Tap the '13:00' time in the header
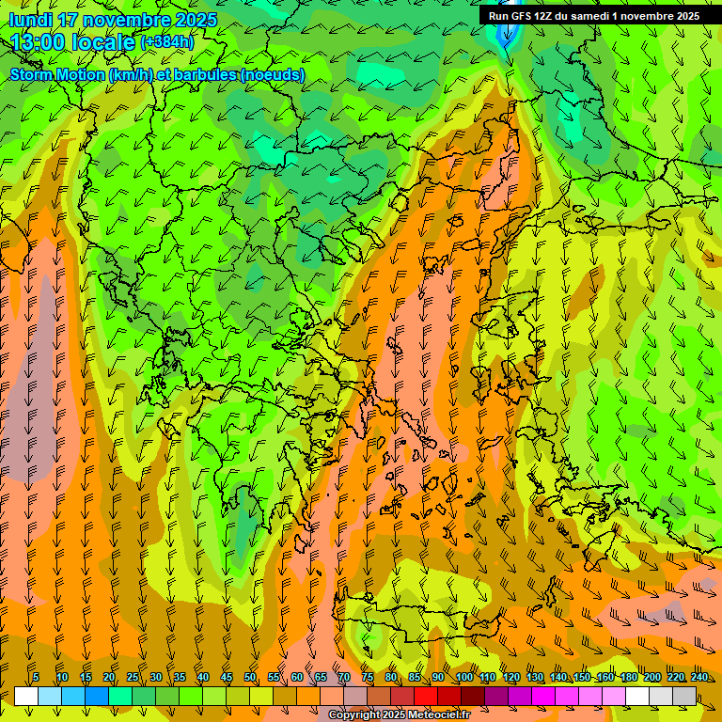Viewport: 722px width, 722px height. coord(39,42)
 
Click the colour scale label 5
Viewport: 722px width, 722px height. coord(36,678)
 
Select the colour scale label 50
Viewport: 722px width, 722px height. coord(250,678)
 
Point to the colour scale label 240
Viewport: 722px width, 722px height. coord(699,678)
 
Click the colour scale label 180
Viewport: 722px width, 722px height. coord(628,678)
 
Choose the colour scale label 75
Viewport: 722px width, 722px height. coord(368,678)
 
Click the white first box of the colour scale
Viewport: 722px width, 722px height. coord(26,696)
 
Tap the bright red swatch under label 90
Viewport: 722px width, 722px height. coord(426,696)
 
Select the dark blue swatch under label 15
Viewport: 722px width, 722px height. coord(97,696)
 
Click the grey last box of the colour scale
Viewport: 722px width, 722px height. coord(684,696)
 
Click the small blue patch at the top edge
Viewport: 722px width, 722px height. coord(507,38)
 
